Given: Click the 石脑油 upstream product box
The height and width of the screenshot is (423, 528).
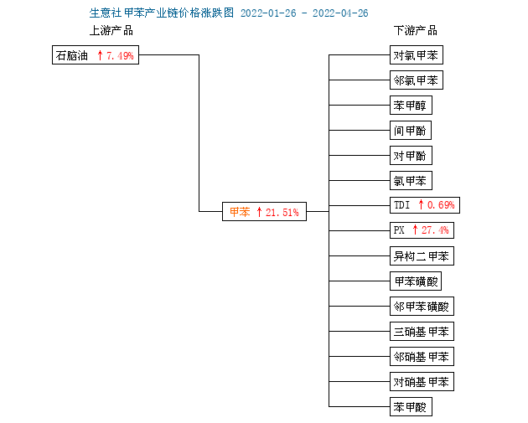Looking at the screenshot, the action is (x=96, y=54).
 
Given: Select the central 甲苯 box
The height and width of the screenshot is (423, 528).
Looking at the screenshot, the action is (x=264, y=212).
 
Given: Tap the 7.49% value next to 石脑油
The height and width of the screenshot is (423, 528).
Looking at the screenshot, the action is (x=120, y=55).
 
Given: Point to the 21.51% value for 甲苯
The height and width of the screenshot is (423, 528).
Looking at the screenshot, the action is (x=282, y=213).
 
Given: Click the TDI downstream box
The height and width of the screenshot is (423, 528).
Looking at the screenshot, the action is (x=425, y=205).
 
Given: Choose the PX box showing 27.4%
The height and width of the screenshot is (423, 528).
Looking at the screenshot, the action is (x=422, y=230).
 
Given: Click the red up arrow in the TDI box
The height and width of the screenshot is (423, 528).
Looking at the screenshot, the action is (x=421, y=204).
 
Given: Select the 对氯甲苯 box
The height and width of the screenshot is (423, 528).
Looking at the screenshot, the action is (x=417, y=54).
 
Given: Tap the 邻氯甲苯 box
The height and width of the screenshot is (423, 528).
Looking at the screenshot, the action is (x=417, y=80).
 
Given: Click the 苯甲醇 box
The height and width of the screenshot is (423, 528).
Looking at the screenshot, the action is (x=411, y=106).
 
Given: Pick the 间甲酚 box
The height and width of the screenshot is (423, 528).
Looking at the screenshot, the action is (x=411, y=130).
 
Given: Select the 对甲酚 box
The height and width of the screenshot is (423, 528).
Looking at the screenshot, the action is (x=411, y=156).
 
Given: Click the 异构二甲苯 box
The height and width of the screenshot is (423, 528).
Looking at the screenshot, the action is (x=422, y=256).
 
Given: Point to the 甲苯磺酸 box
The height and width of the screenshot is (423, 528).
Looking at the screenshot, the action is (x=416, y=281).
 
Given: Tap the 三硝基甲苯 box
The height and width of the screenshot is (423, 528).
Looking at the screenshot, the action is (x=422, y=332).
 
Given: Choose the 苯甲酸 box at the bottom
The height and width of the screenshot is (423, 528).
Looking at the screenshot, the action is (x=411, y=407).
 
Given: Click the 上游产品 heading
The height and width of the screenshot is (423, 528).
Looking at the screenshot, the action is (x=111, y=30).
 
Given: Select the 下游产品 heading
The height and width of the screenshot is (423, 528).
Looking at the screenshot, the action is (x=416, y=30).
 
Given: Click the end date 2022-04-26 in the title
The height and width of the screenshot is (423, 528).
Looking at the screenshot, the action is (x=340, y=13).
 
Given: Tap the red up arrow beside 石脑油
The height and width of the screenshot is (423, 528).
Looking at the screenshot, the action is (x=100, y=55).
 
